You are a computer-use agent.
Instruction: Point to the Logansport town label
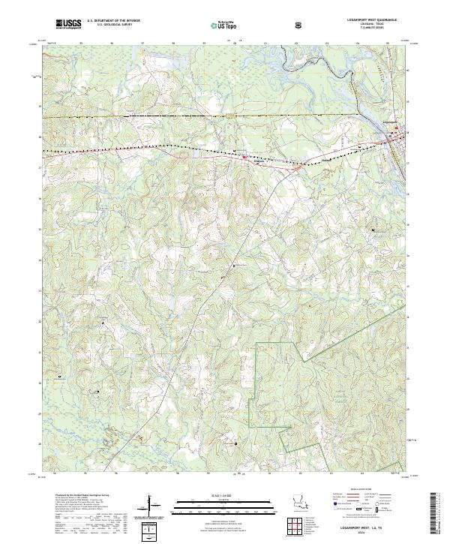389,121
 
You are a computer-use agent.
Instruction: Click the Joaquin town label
259,161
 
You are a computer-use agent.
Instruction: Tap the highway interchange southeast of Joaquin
297,167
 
